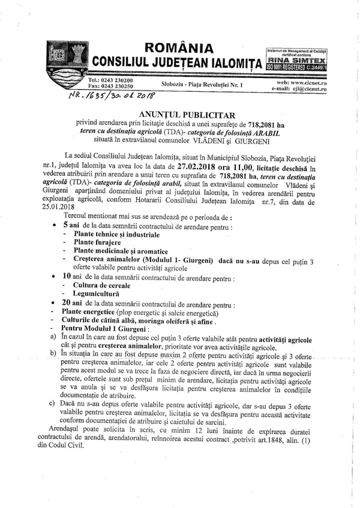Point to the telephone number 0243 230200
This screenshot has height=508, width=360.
(x=118, y=80)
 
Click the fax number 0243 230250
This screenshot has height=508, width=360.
(x=118, y=86)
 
